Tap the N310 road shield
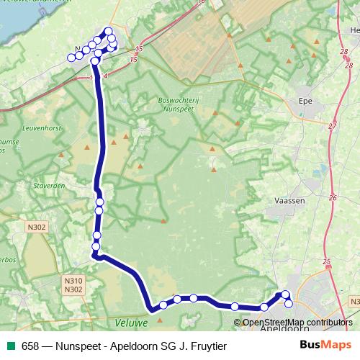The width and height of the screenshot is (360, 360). coord(73,281)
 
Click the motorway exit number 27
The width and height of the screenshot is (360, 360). coord(333,126)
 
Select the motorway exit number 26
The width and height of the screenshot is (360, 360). coord(333,197)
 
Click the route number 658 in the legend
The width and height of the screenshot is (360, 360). coord(31,346)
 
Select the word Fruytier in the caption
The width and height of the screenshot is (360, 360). coord(205,346)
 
